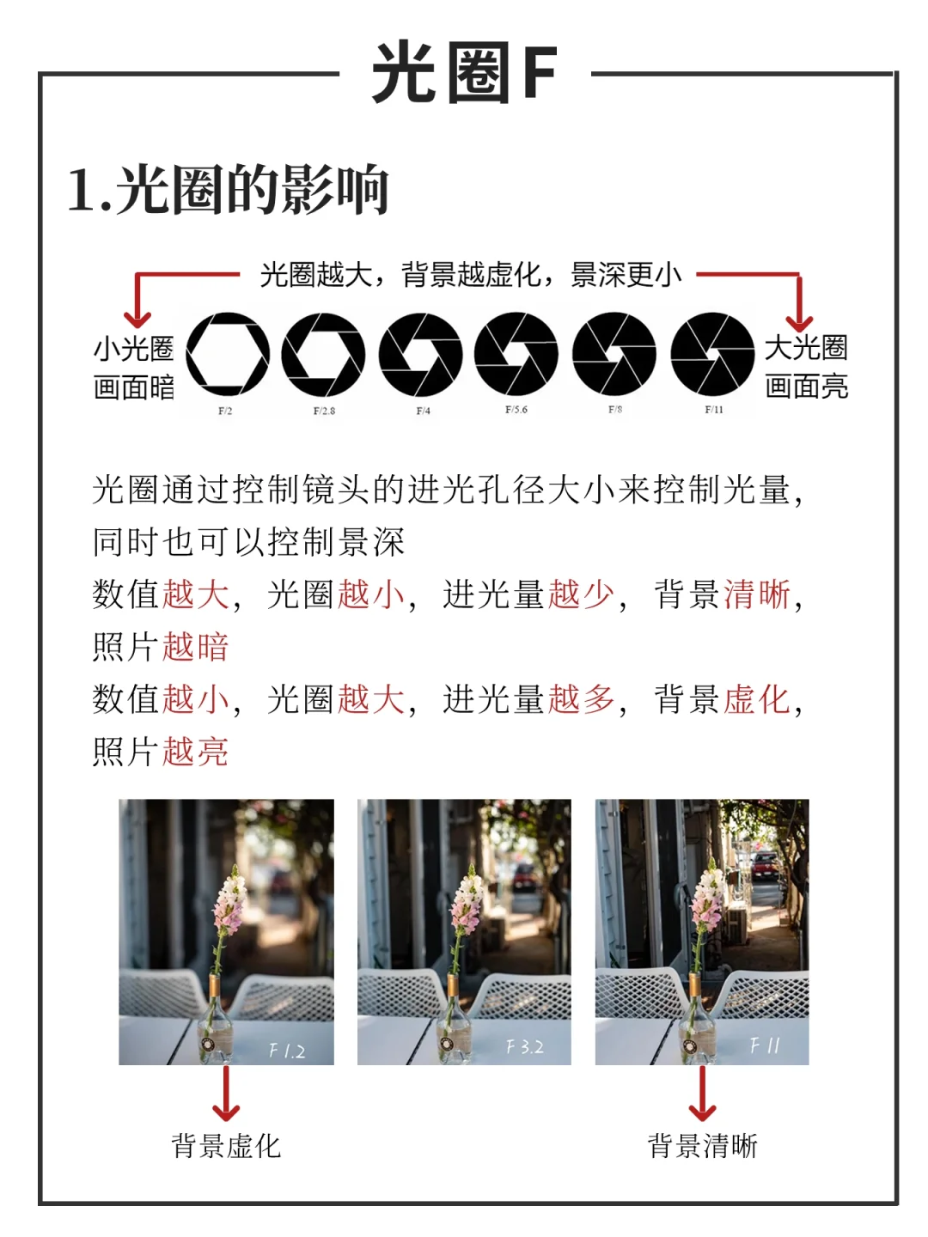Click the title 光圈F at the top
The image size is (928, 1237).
464,73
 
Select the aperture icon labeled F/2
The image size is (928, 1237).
228,354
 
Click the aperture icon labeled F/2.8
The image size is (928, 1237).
323,354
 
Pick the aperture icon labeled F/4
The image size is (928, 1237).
420,354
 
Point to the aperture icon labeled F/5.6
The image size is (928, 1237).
516,354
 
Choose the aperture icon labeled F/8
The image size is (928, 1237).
614,354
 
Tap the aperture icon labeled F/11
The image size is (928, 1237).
712,354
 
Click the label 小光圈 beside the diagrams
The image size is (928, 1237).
133,348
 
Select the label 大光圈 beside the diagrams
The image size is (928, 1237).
806,347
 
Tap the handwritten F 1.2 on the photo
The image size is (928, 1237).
287,1051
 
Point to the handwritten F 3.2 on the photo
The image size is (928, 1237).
524,1047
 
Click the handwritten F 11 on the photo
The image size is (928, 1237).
765,1045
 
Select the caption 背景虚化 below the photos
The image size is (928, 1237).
226,1146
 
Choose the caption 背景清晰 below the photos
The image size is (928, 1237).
703,1146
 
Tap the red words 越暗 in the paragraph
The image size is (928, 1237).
195,647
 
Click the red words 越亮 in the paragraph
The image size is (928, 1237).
195,752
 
